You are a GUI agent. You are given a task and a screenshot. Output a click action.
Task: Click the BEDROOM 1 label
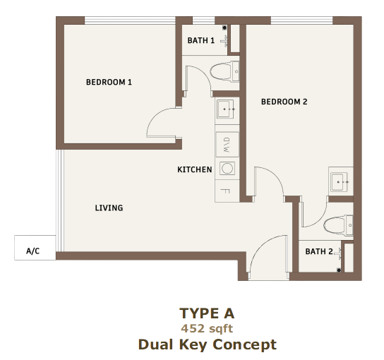pyautogui.click(x=109, y=82)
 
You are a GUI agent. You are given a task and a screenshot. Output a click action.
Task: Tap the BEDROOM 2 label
pyautogui.click(x=284, y=102)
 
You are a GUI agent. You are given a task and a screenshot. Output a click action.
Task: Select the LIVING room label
pyautogui.click(x=109, y=208)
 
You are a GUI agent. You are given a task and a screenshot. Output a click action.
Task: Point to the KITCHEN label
pyautogui.click(x=195, y=169)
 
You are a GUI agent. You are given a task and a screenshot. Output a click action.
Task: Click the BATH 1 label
pyautogui.click(x=200, y=40)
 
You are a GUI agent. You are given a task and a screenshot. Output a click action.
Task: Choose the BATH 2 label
pyautogui.click(x=319, y=251)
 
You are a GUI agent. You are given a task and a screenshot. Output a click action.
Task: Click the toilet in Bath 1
pyautogui.click(x=224, y=71)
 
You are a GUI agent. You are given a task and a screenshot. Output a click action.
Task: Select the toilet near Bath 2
pyautogui.click(x=338, y=225)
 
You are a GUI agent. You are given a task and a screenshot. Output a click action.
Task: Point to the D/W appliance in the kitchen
pyautogui.click(x=227, y=145)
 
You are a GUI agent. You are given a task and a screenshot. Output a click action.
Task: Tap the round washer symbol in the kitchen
pyautogui.click(x=227, y=168)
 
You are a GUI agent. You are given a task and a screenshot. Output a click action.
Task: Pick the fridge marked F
pyautogui.click(x=227, y=191)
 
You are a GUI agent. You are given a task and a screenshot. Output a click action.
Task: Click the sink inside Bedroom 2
pyautogui.click(x=340, y=182)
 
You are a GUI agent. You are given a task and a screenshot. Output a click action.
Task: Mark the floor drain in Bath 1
pyautogui.click(x=224, y=28)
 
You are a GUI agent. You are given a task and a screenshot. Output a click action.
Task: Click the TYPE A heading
pyautogui.click(x=207, y=313)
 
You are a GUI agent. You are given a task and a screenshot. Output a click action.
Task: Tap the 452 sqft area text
pyautogui.click(x=207, y=329)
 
